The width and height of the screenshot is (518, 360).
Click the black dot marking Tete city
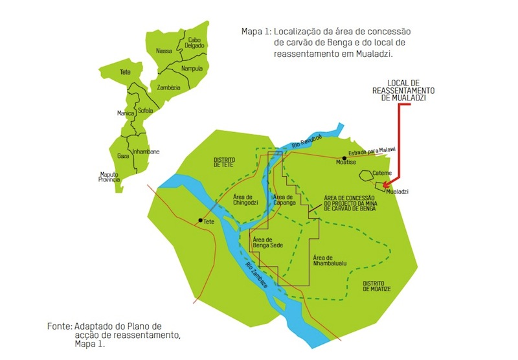[x=200, y=221]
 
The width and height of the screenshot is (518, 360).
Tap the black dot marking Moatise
[x=344, y=157]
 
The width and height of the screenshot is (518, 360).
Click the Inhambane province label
[x=146, y=152]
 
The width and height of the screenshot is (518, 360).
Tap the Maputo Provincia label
[x=109, y=177]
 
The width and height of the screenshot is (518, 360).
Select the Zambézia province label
[x=168, y=86]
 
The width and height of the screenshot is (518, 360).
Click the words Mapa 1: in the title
[x=254, y=31]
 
